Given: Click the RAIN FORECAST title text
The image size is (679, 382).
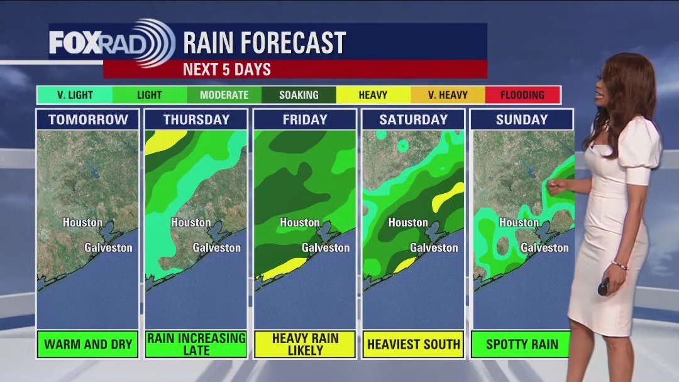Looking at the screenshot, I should tap(264, 43).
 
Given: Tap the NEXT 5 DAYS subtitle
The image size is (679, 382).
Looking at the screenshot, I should tap(226, 69).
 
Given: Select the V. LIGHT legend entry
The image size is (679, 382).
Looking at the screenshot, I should tap(75, 95).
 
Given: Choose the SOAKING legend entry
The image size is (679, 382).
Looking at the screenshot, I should tap(299, 95).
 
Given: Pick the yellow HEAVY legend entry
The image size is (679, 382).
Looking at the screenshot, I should tap(373, 95).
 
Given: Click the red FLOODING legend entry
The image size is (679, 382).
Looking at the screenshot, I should tap(522, 95).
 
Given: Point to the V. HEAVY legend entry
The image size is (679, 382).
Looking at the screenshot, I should tap(448, 95).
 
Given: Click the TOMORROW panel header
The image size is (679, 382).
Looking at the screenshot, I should tap(87, 120).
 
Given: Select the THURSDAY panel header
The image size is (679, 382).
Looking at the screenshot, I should tap(196, 120).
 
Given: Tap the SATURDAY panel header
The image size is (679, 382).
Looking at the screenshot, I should tap(413, 120).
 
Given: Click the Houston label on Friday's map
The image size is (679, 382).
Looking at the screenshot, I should tap(299, 222).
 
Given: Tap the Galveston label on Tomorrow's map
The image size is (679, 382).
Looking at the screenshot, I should tap(108, 247).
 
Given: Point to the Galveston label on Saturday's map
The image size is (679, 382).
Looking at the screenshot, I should tap(434, 247).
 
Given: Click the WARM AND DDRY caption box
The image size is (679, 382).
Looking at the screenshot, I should tap(87, 344).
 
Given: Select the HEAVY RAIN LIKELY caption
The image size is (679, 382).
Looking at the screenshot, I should tap(305, 344).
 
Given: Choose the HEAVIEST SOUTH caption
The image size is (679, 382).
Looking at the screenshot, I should tap(413, 344).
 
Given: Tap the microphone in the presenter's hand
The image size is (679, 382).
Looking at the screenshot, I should tap(603, 287).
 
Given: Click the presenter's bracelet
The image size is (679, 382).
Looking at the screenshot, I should tap(619, 265).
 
